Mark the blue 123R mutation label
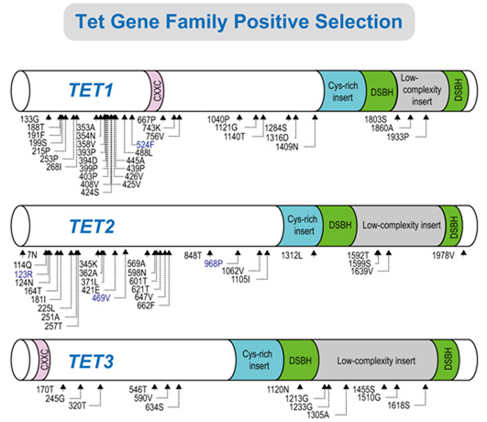click(x=23, y=273)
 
